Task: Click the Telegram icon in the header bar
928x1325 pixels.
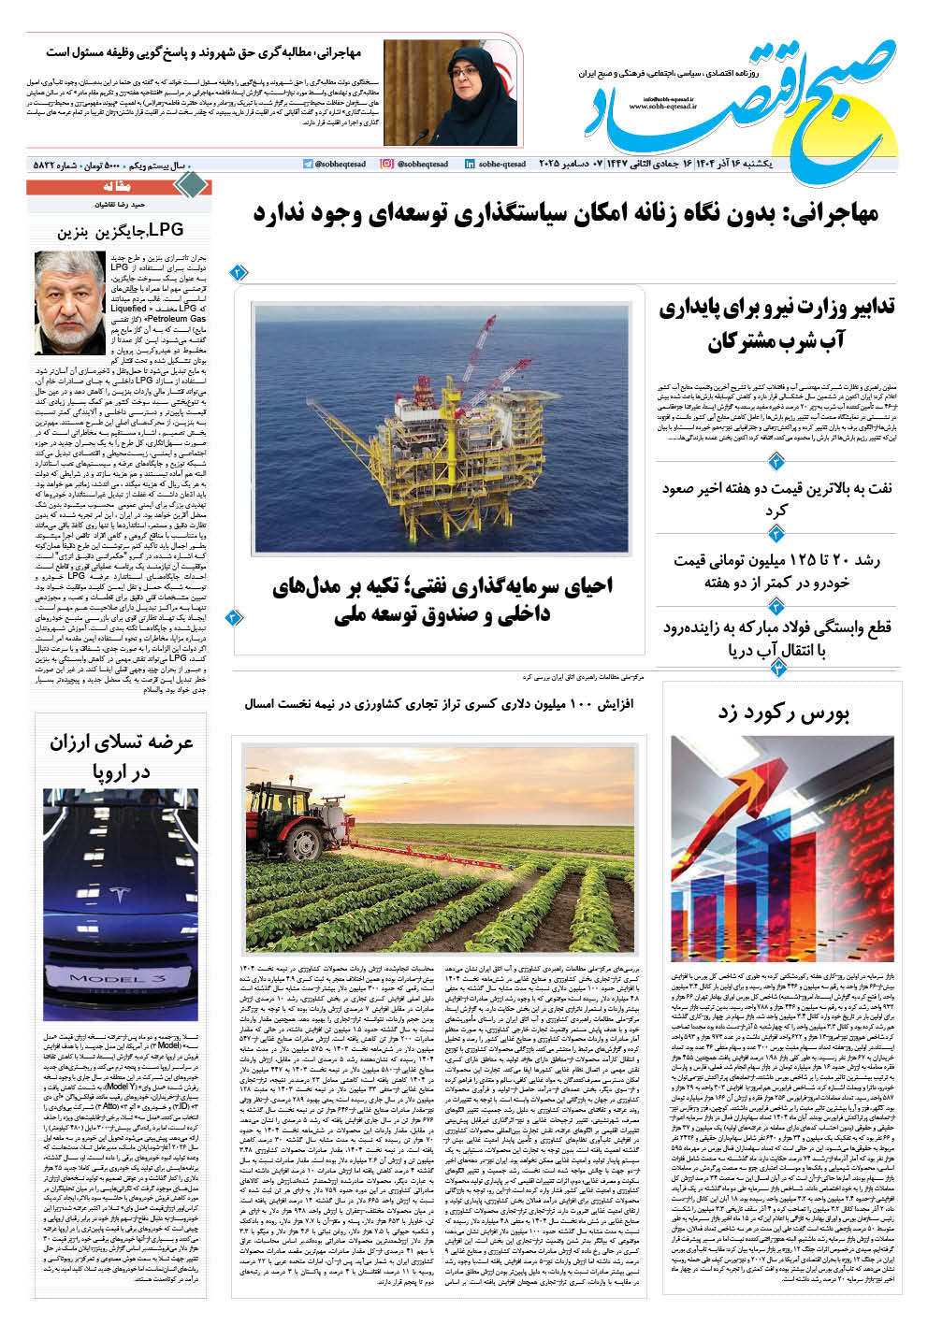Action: pyautogui.click(x=308, y=164)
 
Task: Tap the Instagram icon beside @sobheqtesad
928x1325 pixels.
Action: pyautogui.click(x=386, y=164)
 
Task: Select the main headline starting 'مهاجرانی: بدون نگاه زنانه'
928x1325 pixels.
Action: pyautogui.click(x=565, y=213)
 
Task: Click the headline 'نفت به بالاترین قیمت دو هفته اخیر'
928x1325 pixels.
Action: pyautogui.click(x=776, y=498)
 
